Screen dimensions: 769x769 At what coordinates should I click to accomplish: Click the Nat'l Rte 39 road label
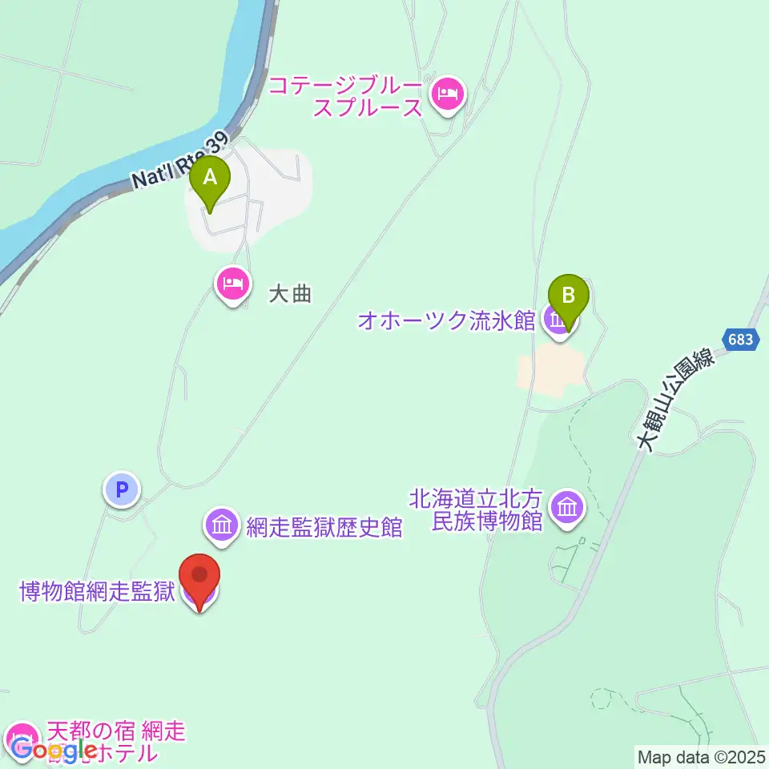click(180, 163)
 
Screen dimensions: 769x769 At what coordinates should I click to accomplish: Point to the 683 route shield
click(741, 340)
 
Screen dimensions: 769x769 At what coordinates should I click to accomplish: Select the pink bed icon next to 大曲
click(232, 284)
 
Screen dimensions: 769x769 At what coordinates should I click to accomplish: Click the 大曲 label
click(289, 294)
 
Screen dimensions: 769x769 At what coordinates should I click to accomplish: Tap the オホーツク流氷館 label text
click(446, 321)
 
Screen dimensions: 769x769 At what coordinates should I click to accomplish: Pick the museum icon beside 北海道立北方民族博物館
click(568, 508)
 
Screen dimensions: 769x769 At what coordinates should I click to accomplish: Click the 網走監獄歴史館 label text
click(324, 526)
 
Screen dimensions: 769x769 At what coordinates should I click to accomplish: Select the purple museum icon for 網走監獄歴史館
click(221, 525)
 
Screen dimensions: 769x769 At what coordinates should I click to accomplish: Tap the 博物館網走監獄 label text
click(97, 594)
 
